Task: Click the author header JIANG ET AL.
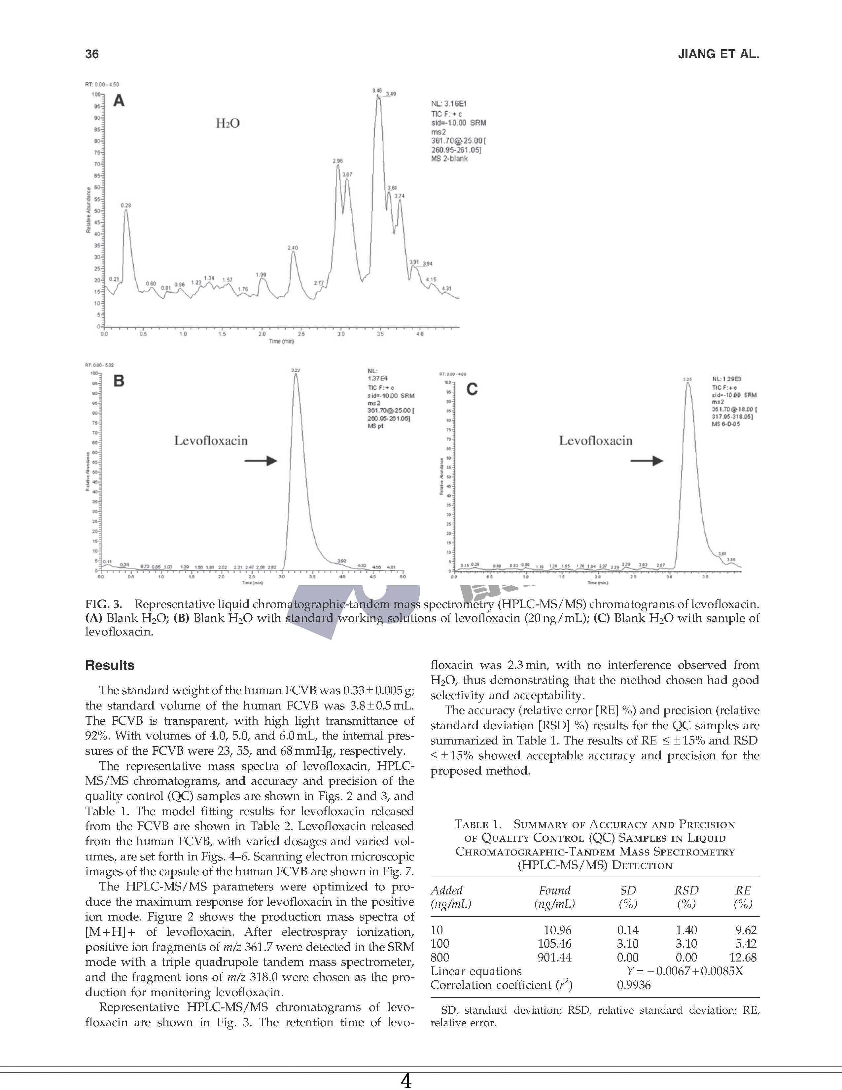pyautogui.click(x=718, y=54)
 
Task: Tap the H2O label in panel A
pyautogui.click(x=228, y=123)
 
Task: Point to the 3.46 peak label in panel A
pyautogui.click(x=377, y=90)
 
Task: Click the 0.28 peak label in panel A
pyautogui.click(x=126, y=205)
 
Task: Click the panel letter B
pyautogui.click(x=119, y=381)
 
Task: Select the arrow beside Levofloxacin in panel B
pyautogui.click(x=261, y=461)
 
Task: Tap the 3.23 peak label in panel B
pyautogui.click(x=295, y=370)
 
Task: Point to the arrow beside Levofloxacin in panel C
pyautogui.click(x=647, y=461)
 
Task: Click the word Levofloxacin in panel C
pyautogui.click(x=596, y=441)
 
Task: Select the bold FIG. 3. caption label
pyautogui.click(x=104, y=604)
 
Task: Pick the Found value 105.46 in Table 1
pyautogui.click(x=554, y=944)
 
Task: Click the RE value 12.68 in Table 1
pyautogui.click(x=743, y=958)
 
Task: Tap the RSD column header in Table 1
pyautogui.click(x=686, y=890)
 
